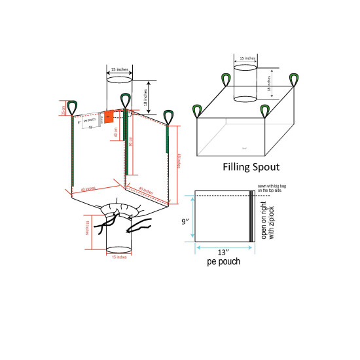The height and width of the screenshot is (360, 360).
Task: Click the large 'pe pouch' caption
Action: pos(218,262)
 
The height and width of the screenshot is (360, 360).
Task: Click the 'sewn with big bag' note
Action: pos(274,188)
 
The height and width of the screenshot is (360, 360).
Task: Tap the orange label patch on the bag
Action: pos(109,118)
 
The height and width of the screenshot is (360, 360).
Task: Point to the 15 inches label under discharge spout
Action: pos(118,257)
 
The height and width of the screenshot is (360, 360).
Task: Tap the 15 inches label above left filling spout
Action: pos(118,69)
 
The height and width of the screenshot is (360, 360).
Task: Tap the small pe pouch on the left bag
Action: pos(90,121)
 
